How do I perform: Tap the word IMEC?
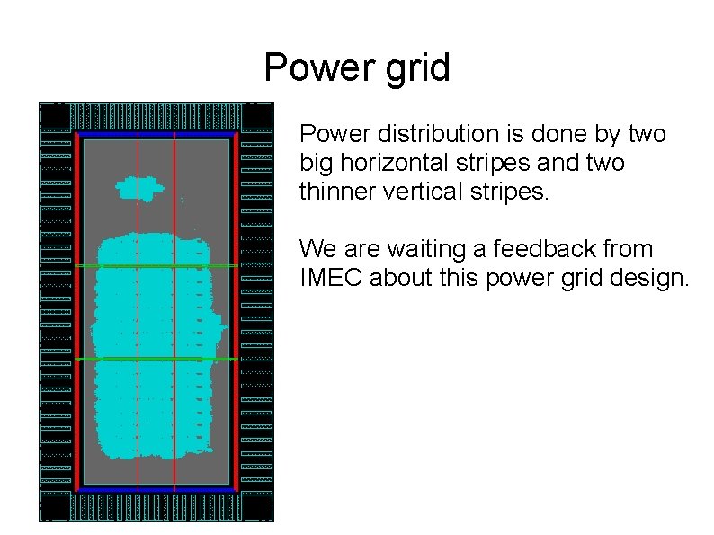pyautogui.click(x=331, y=279)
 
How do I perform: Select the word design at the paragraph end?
pyautogui.click(x=646, y=279)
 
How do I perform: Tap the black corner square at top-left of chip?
pyautogui.click(x=55, y=116)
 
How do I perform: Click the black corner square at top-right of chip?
pyautogui.click(x=257, y=116)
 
